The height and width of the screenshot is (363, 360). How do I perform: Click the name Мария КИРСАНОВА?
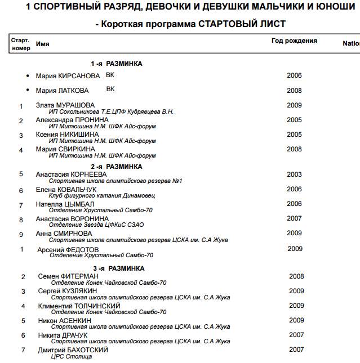coord(68,76)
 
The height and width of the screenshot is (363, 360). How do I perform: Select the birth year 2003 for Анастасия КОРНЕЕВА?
coord(294,174)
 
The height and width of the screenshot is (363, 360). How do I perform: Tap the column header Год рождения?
coord(294,41)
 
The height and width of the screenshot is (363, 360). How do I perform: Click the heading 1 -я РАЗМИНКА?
coord(117,64)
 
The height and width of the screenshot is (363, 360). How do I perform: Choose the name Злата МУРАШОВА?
coord(65,105)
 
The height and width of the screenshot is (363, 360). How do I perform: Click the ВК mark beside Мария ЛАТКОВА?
coord(110,89)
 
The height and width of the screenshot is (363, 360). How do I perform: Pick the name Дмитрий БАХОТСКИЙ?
coord(73,350)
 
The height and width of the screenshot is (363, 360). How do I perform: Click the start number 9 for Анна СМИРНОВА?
coord(21,234)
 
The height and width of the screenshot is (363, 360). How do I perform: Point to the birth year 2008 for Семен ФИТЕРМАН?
coord(296,276)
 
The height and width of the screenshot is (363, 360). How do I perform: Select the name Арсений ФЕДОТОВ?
coord(68,249)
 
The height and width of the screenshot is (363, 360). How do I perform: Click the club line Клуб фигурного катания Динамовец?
coord(102,196)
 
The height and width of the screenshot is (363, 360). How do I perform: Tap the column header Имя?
coord(42,43)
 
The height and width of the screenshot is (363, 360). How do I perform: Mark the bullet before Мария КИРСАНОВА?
coord(27,76)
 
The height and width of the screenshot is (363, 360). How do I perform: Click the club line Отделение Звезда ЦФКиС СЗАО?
coord(97,225)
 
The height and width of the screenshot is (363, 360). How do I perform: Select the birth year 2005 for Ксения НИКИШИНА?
coord(294,135)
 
